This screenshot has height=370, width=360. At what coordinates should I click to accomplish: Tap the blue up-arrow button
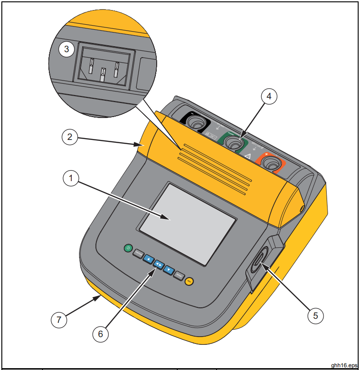click(x=148, y=259)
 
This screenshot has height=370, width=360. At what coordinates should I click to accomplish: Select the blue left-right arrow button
click(x=159, y=264)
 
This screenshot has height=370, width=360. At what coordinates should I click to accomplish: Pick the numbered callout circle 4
click(x=269, y=96)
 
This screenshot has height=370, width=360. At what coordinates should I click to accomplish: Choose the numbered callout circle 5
click(x=316, y=315)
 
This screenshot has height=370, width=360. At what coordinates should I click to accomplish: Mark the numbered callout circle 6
click(x=101, y=333)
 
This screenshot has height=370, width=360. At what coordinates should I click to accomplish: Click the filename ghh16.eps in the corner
click(x=344, y=365)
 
